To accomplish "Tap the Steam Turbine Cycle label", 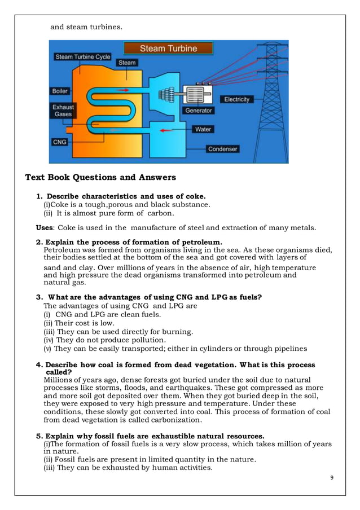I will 83,57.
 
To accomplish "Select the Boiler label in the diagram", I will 60,91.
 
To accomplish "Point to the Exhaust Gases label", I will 63,111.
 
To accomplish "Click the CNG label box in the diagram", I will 60,142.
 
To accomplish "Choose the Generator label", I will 199,111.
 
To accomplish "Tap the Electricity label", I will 236,99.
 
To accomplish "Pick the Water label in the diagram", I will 203,129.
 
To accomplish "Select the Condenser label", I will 222,149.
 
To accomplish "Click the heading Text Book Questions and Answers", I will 100,178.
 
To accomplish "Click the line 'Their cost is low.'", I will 79,323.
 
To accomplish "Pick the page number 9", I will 332,478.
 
